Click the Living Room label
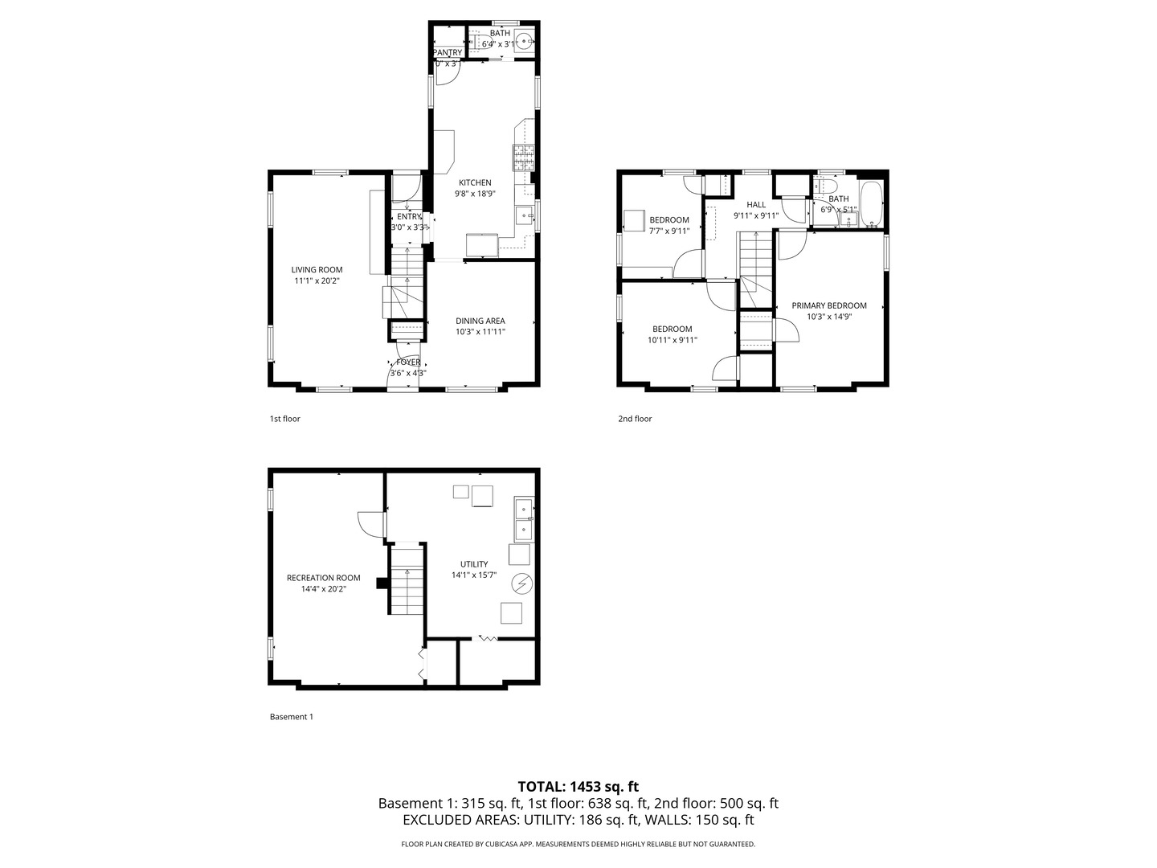317,270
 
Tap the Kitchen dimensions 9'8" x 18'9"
475,194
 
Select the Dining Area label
480,321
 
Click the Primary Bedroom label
829,305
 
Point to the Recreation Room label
323,578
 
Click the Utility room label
474,564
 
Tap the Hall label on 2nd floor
756,205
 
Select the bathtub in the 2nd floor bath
871,204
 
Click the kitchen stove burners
524,158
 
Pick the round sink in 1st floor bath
525,41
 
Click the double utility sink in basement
524,518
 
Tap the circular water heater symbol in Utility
521,583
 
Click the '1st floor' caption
284,419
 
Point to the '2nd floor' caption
635,419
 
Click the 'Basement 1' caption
291,717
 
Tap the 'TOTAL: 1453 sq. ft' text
578,787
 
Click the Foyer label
408,362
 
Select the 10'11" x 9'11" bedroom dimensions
673,340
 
